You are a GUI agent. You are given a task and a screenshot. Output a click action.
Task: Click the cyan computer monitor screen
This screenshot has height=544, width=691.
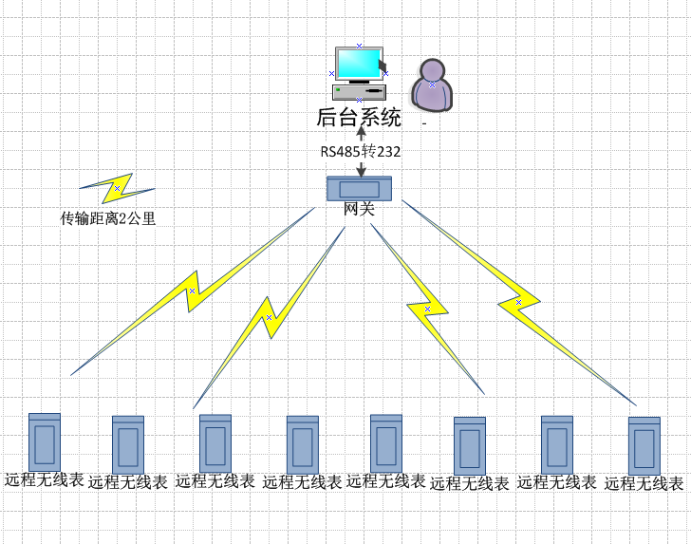pos(358,64)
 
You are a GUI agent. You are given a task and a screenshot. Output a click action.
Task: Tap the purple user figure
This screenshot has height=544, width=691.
pos(432,85)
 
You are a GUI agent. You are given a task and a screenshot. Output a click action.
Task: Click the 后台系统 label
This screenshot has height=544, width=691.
pos(359,118)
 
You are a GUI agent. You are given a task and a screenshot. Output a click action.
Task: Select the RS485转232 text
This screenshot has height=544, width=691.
pos(361,152)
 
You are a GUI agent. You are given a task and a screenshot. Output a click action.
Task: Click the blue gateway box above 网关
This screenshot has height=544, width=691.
pos(359,189)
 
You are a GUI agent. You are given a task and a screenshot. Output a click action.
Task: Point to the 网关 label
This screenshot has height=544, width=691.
pos(359,209)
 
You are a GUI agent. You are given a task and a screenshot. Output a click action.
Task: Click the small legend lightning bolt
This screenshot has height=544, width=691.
pos(118,189)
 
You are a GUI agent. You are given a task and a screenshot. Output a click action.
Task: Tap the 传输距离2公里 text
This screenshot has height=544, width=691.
pos(108,218)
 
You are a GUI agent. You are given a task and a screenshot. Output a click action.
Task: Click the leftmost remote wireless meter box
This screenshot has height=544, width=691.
pos(45,442)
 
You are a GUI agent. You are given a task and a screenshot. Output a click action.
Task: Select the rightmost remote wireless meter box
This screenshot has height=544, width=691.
pos(644,445)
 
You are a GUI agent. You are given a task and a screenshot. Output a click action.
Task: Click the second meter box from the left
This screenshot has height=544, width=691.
pos(128,445)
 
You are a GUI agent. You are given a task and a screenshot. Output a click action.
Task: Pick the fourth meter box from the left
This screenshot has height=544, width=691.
pos(303,445)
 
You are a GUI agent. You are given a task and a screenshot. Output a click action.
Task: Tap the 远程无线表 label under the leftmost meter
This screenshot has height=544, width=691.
pos(45,479)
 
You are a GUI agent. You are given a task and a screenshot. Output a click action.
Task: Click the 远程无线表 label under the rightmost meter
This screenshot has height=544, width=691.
pos(644,483)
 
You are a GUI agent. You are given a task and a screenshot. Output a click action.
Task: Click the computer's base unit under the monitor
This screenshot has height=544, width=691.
pos(359,92)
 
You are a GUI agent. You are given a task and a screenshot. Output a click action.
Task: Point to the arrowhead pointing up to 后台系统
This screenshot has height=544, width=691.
pos(362,131)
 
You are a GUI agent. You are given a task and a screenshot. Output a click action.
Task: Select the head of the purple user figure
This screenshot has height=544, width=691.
pos(432,70)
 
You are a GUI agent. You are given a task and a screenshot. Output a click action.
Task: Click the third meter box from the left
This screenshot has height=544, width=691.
pos(215,443)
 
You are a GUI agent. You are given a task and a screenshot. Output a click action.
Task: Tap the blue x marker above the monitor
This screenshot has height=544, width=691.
pos(359,46)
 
